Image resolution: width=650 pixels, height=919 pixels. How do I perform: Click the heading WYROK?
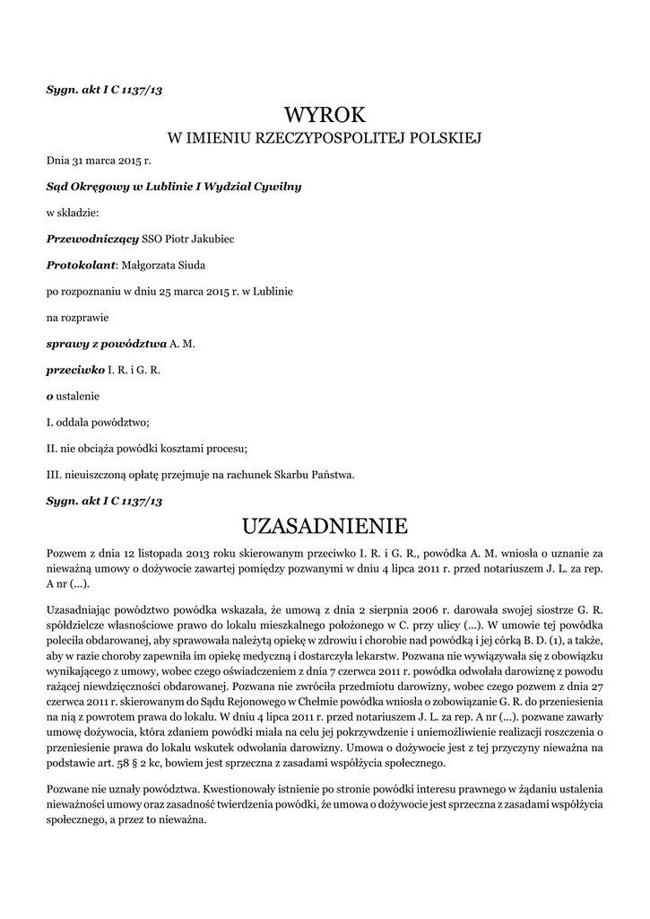[325, 116]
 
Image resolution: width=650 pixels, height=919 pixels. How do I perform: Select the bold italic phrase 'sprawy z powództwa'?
[106, 344]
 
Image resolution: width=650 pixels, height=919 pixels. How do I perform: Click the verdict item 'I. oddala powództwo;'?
[98, 423]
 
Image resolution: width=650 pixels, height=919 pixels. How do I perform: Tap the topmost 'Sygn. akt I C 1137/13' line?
[104, 90]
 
